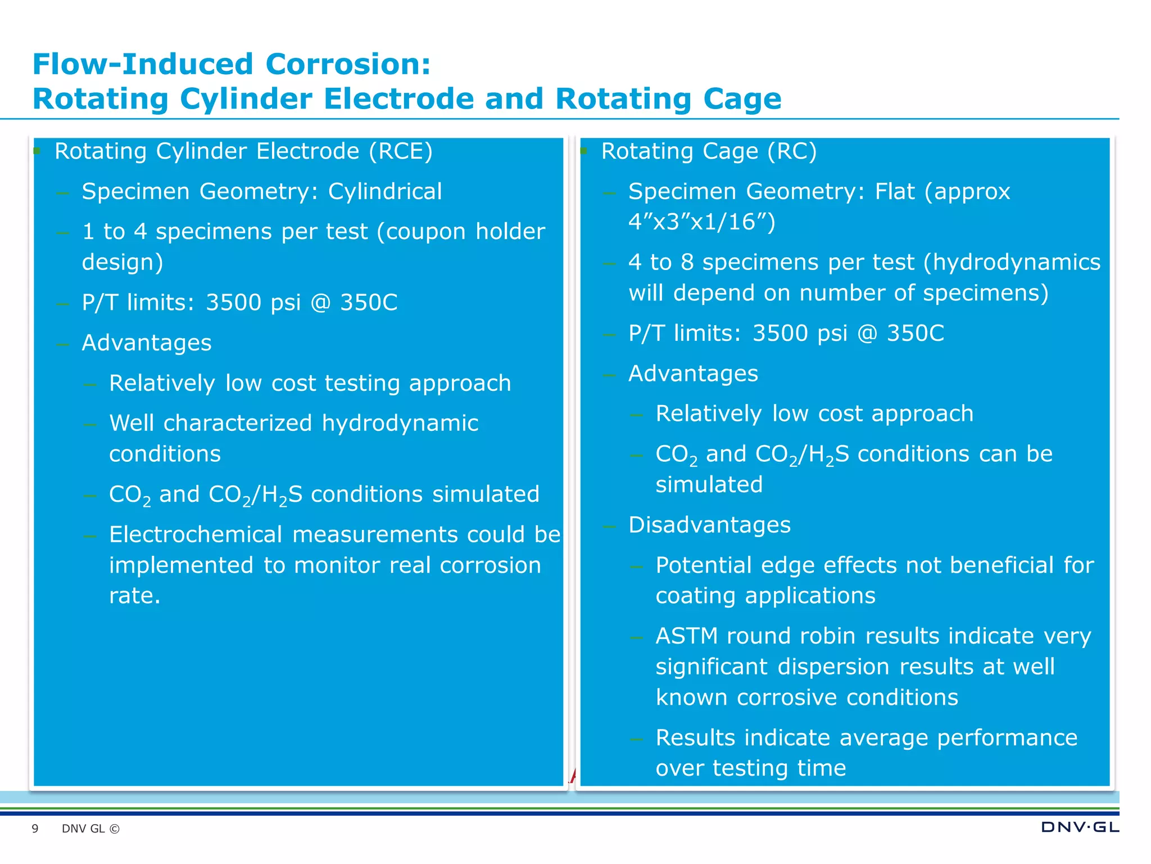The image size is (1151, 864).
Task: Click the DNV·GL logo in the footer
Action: click(1080, 827)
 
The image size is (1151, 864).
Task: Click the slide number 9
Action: click(35, 829)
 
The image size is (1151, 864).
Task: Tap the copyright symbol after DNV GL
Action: click(115, 829)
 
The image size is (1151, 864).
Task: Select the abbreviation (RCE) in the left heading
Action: click(401, 151)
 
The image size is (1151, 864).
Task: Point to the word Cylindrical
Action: click(385, 192)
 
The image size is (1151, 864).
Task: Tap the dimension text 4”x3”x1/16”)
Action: click(702, 222)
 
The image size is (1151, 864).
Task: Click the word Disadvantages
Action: click(709, 525)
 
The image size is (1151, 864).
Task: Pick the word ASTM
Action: click(686, 636)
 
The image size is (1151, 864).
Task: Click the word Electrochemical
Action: click(196, 535)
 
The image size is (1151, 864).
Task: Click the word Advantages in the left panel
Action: click(147, 343)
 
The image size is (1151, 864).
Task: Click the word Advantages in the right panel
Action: click(693, 374)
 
